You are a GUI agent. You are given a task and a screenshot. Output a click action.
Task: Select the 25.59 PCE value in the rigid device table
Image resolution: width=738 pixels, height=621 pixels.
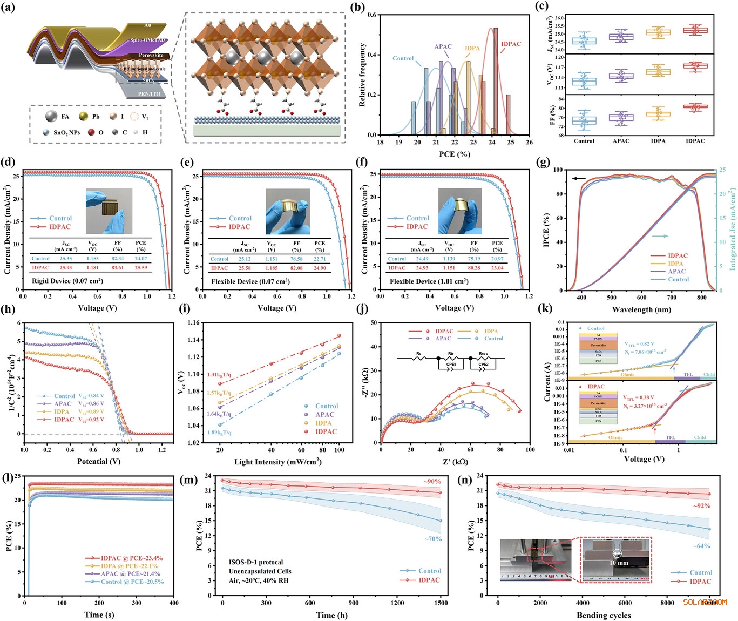tap(141, 268)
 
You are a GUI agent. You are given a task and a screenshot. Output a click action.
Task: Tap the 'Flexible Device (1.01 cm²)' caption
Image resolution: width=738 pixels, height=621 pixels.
tap(429, 281)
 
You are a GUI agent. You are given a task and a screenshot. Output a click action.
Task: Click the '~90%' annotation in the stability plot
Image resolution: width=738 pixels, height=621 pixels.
tap(432, 482)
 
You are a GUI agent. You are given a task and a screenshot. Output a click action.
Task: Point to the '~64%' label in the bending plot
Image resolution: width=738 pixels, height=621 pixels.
tap(701, 546)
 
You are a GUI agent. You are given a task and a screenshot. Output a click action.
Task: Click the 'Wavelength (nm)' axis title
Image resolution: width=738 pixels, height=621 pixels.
tap(641, 309)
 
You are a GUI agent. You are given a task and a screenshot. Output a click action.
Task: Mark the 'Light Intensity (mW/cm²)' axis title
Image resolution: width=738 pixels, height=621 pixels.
tap(277, 462)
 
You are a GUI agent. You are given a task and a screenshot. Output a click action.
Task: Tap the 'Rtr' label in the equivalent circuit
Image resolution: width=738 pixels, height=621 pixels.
tap(451, 353)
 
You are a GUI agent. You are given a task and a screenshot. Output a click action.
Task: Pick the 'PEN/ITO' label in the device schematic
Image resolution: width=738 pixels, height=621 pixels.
tap(151, 94)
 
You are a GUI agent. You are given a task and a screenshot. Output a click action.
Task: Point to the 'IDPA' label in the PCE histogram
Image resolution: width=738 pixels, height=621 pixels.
tap(472, 49)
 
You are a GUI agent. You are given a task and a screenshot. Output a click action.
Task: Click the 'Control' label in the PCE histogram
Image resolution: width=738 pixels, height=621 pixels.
tap(403, 58)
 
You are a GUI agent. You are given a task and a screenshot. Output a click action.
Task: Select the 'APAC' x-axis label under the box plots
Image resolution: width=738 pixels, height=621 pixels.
tap(621, 141)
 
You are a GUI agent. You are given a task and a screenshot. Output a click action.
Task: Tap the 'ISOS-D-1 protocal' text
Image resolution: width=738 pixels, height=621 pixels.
tap(256, 562)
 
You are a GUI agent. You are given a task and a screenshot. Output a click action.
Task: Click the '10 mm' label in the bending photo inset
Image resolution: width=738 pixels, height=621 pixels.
tap(619, 563)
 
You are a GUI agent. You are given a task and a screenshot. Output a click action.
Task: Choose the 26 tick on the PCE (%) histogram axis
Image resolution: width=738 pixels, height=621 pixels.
tap(529, 142)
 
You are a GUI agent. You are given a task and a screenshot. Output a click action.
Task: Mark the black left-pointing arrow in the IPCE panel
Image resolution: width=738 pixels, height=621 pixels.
tap(579, 178)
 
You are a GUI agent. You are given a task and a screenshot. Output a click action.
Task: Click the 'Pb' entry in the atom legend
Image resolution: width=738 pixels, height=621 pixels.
tap(96, 117)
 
